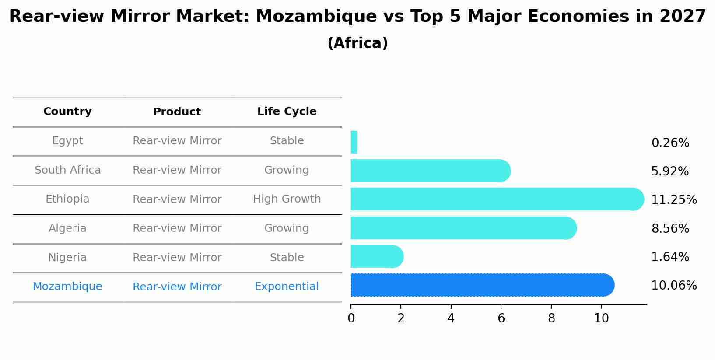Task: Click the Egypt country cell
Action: (x=67, y=141)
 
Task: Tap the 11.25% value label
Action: (x=673, y=200)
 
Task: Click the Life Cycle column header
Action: (x=287, y=112)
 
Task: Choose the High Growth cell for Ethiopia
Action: (x=287, y=199)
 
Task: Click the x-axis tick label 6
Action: (x=501, y=318)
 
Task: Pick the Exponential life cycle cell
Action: (x=287, y=287)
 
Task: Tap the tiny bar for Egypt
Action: (x=354, y=142)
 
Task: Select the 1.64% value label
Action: (x=670, y=257)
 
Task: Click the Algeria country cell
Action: (x=67, y=228)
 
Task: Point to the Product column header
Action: (x=177, y=112)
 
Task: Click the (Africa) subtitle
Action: (x=357, y=43)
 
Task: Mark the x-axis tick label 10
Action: (x=601, y=318)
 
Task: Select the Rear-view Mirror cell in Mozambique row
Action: (x=177, y=287)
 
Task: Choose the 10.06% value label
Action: (x=673, y=286)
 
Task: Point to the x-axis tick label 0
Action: (x=351, y=318)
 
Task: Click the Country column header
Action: (x=67, y=112)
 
